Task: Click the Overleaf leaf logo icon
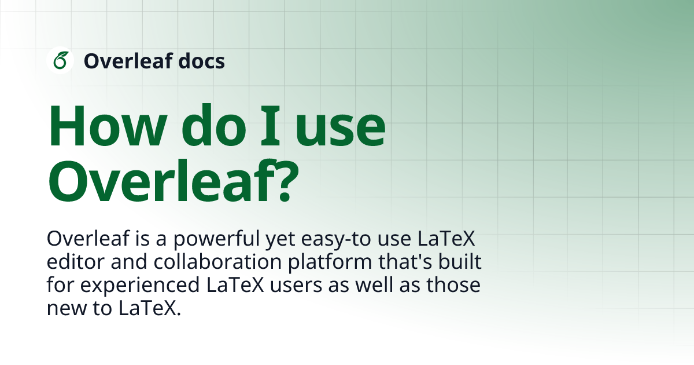point(60,60)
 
